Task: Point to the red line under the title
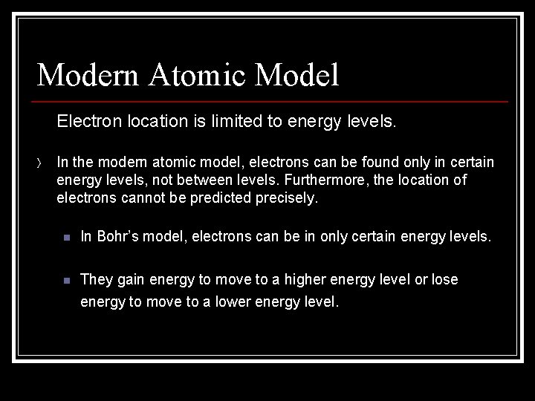pos(272,101)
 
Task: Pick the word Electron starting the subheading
pos(85,120)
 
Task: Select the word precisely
pos(286,198)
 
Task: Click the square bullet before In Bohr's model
pos(66,238)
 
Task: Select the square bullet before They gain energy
pos(66,281)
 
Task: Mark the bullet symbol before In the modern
pos(39,163)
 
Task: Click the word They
pos(96,280)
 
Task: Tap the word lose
pos(445,280)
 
